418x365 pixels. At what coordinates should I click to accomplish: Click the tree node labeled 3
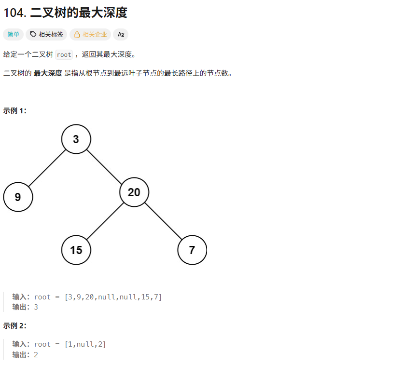point(76,139)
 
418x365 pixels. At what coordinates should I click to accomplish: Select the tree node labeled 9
point(18,197)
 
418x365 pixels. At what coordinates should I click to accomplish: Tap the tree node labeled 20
point(134,192)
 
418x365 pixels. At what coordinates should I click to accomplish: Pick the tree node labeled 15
point(76,250)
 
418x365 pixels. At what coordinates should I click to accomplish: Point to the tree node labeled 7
point(192,250)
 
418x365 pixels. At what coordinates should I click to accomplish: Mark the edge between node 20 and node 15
point(105,221)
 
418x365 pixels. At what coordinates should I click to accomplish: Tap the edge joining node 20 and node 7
point(163,221)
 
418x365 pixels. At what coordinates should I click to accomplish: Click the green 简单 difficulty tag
point(14,34)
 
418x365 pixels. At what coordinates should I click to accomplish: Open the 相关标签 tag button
point(47,34)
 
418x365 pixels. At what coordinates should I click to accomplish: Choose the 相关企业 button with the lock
point(90,34)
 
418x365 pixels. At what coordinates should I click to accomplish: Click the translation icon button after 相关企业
point(121,34)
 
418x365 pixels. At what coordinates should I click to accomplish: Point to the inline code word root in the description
point(64,54)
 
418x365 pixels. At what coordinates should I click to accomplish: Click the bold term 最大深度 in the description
point(48,73)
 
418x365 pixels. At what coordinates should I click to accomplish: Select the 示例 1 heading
point(15,110)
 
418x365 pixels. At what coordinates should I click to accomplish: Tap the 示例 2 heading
point(15,325)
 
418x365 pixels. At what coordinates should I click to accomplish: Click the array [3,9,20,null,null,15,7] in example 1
point(113,297)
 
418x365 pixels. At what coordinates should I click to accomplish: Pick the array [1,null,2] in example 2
point(85,344)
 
